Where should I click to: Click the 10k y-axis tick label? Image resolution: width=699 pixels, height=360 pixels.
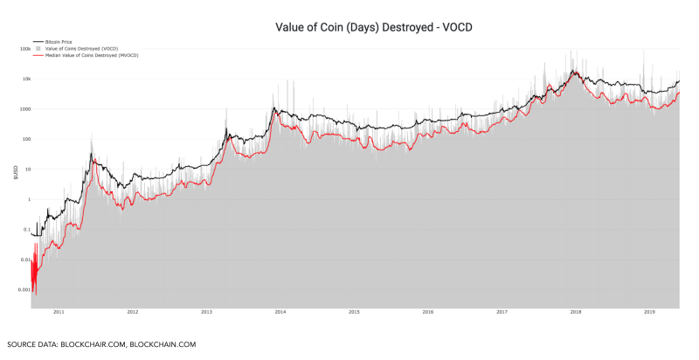click(26, 79)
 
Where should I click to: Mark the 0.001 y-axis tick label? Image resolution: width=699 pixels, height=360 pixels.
click(24, 289)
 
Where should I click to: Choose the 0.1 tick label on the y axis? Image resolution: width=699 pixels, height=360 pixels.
click(26, 229)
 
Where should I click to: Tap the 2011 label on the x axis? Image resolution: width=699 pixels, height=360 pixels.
click(59, 311)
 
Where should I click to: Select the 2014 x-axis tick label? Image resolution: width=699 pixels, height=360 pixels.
click(280, 311)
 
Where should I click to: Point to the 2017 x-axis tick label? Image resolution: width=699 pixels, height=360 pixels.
click(502, 311)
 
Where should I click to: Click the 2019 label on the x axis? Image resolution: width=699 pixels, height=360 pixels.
click(649, 311)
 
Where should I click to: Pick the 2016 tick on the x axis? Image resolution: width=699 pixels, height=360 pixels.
click(428, 311)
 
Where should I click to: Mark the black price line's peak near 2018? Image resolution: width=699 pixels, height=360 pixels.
click(573, 71)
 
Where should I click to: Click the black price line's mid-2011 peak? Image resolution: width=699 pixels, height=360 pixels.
click(91, 155)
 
